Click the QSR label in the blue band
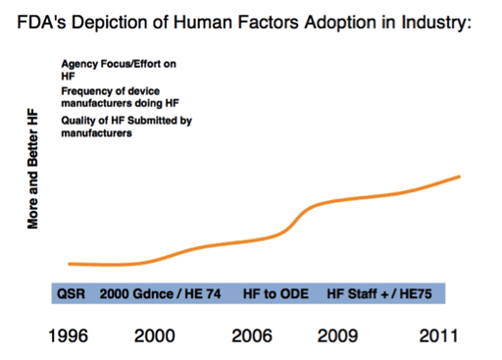coord(70,293)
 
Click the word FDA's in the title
coord(44,21)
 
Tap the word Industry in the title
coord(436,21)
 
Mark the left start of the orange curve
coord(69,264)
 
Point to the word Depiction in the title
coord(114,21)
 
